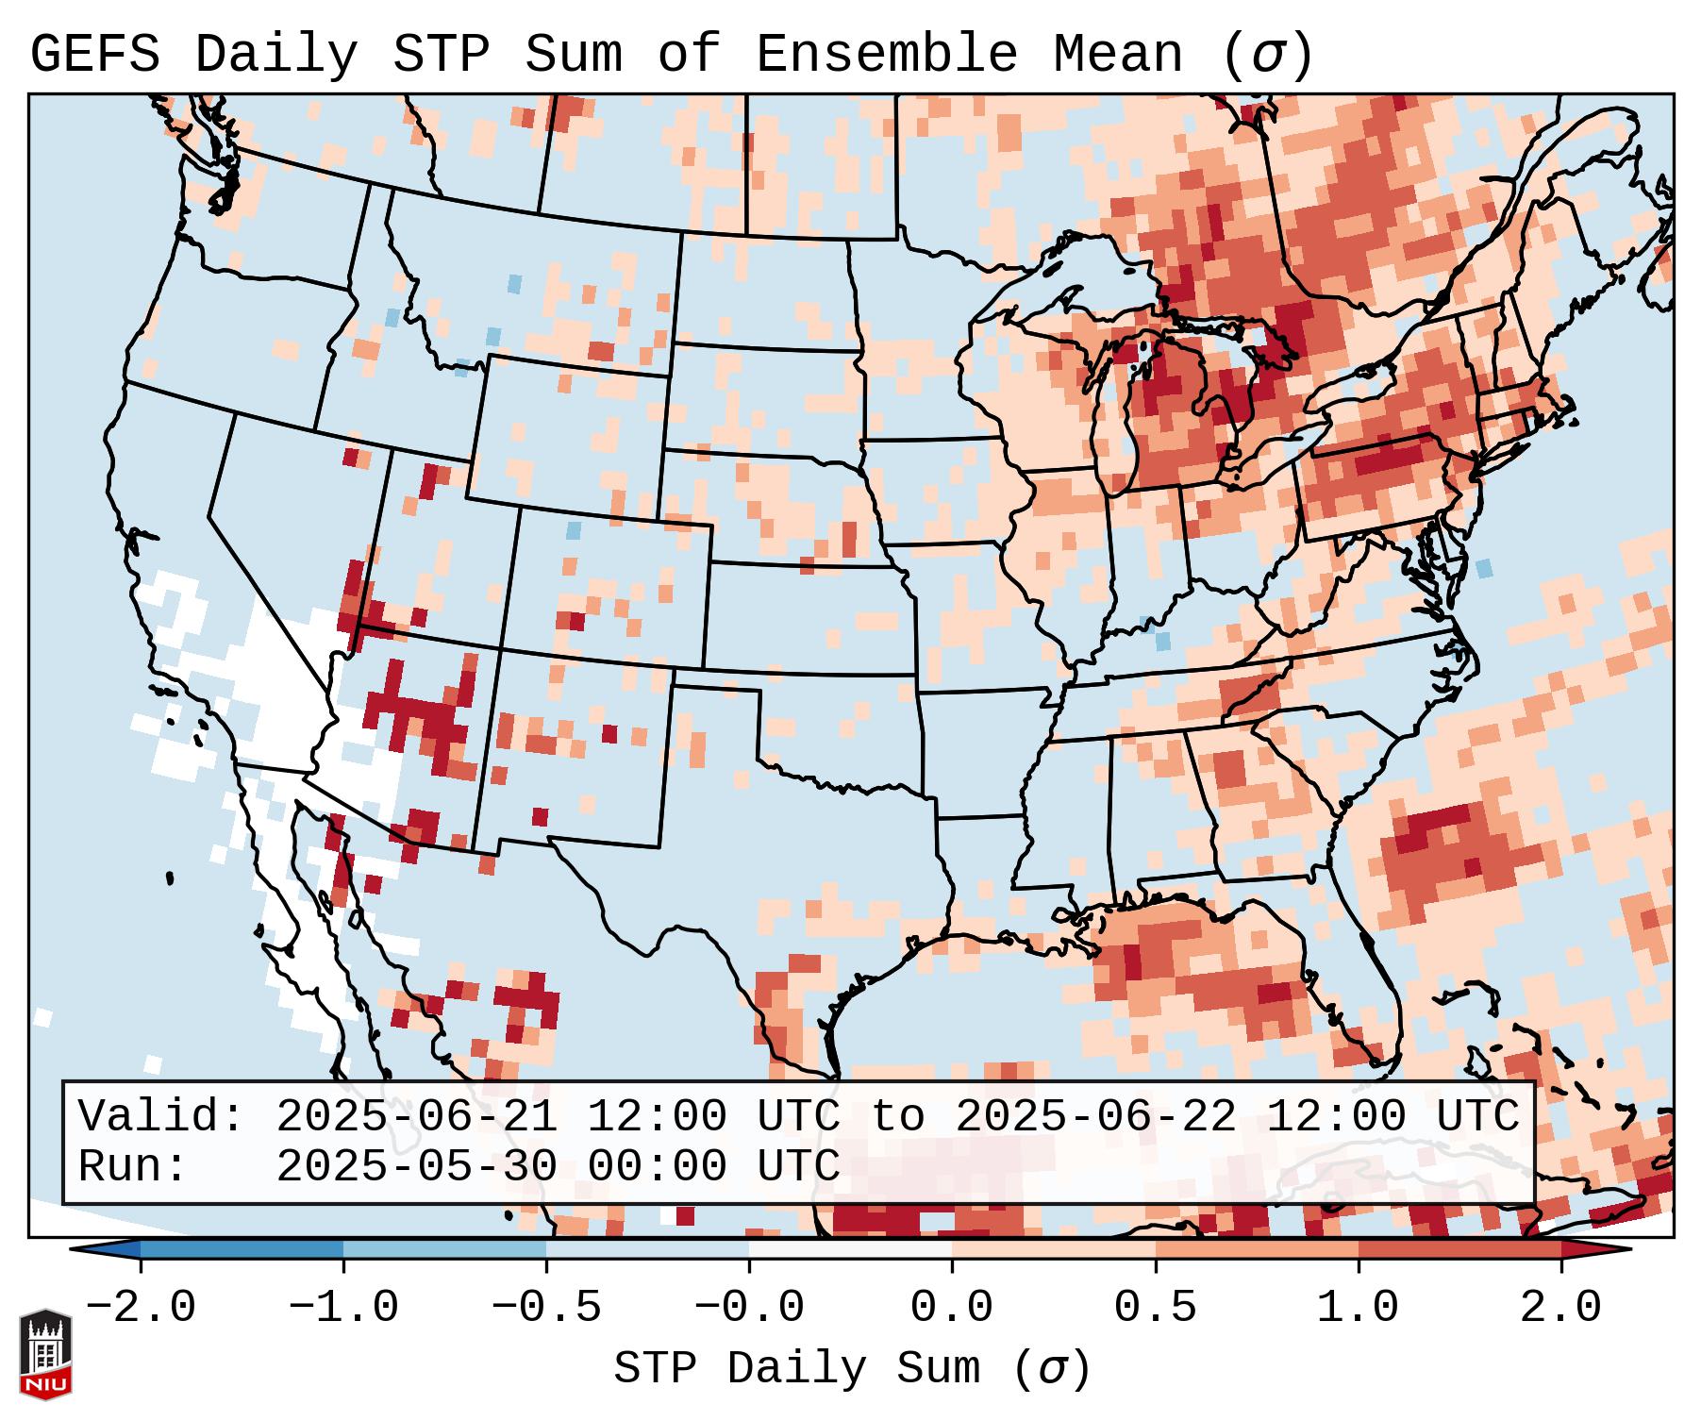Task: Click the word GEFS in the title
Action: tap(95, 55)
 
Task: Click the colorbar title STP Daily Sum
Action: tap(797, 1369)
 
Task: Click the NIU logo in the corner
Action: tap(45, 1354)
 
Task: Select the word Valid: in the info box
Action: tap(161, 1117)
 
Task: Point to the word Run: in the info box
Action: tap(133, 1167)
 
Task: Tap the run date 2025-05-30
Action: tap(416, 1167)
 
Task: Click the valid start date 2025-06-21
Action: tap(416, 1117)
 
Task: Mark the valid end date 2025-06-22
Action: tap(1095, 1117)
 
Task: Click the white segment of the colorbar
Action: tap(850, 1249)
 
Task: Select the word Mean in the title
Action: tap(1118, 55)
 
